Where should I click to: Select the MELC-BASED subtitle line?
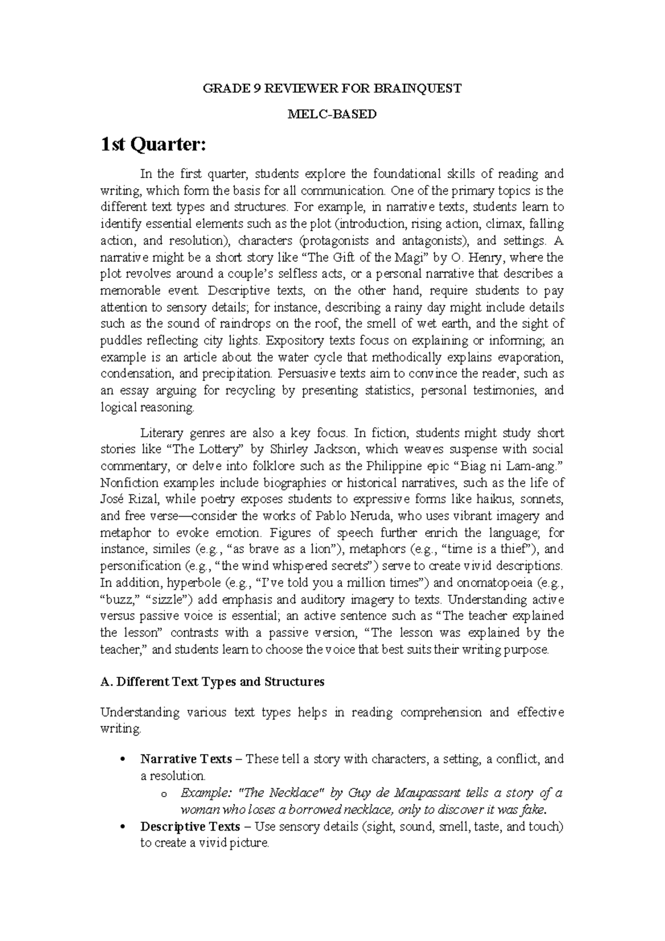(x=332, y=114)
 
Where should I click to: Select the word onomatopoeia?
(x=495, y=583)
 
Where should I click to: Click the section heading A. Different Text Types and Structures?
(x=212, y=682)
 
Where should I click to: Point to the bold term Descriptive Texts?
(x=190, y=827)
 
